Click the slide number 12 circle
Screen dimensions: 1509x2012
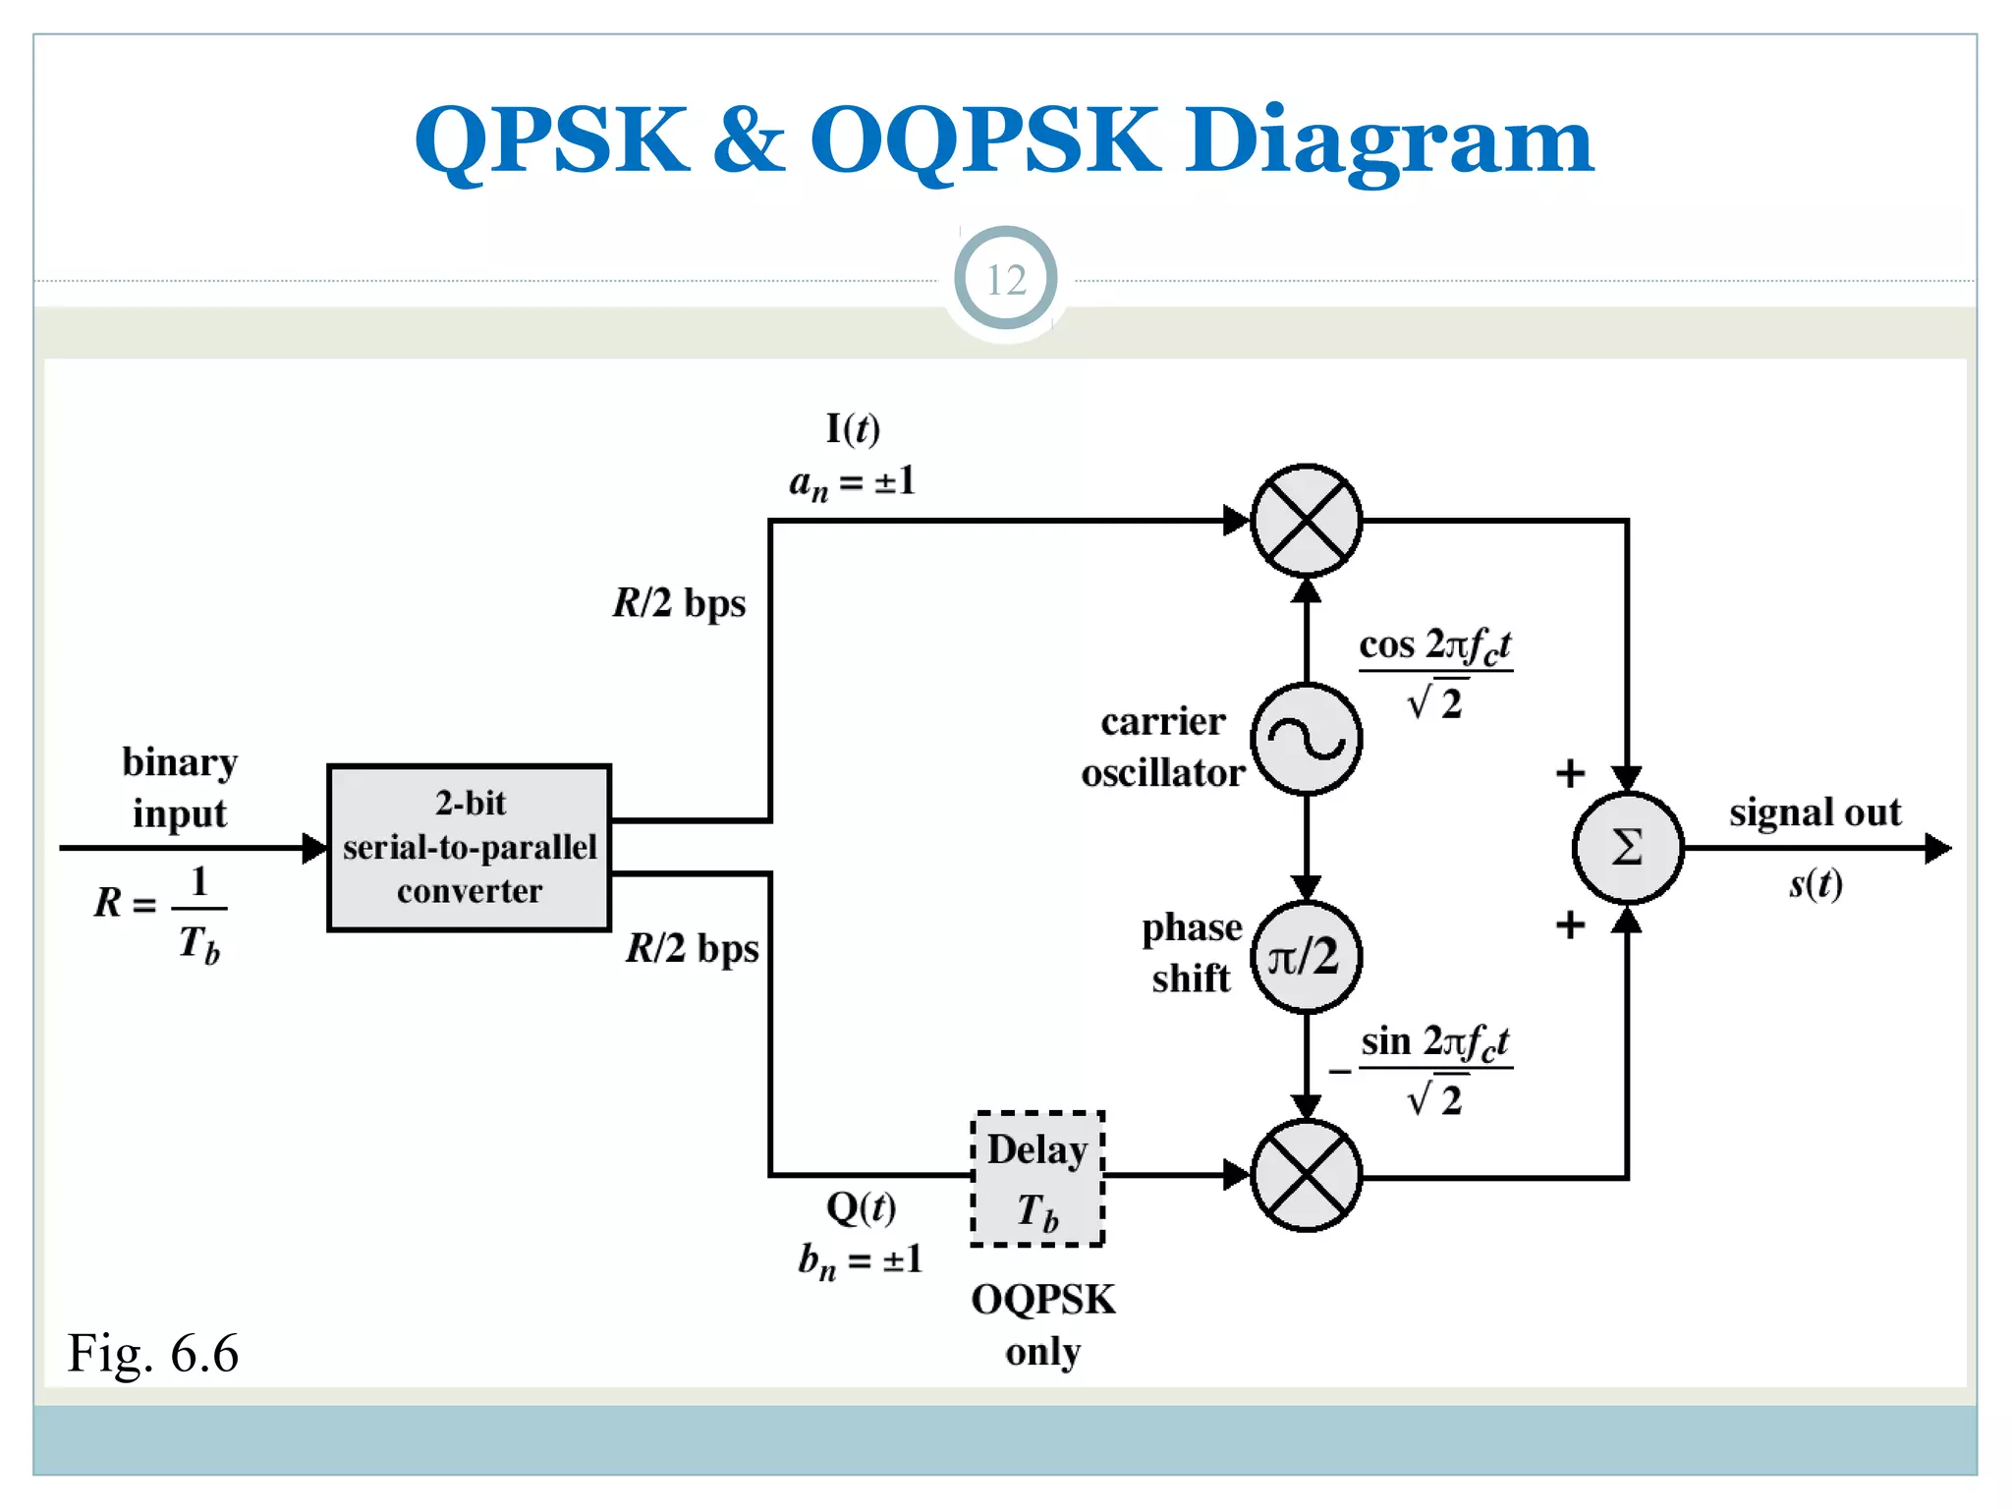pos(1005,280)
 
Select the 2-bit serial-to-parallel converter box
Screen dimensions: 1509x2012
pos(470,847)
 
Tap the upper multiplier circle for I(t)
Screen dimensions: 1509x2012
pos(1306,521)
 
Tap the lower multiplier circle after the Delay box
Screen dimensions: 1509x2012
pos(1306,1175)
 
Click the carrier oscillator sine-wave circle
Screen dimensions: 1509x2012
pos(1306,739)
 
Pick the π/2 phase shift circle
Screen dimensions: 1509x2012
pos(1306,957)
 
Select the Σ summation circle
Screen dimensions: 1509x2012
pos(1627,847)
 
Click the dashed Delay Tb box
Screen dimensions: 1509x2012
pos(1037,1179)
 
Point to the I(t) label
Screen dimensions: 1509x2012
pos(853,428)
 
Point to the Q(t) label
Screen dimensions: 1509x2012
pos(861,1207)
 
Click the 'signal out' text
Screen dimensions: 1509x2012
pos(1815,812)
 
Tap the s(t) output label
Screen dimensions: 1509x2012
pos(1815,884)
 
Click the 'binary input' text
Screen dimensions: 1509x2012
pos(180,788)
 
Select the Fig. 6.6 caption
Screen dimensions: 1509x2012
pos(153,1353)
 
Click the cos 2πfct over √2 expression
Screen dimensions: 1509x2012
pos(1434,673)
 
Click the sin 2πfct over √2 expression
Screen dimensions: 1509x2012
pos(1434,1069)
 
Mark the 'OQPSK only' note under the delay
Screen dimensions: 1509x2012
pos(1042,1324)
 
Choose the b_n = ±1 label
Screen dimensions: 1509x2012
pos(861,1260)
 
